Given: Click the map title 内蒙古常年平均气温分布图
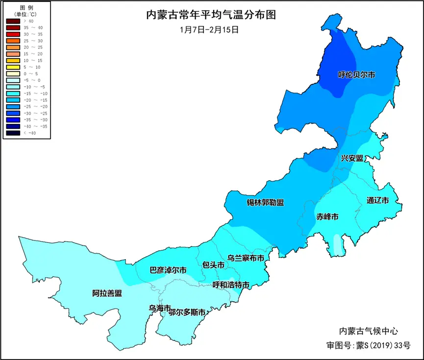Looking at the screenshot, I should coord(211,15).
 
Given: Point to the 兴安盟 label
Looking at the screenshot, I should coord(352,158).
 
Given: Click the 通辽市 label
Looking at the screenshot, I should coord(377,200).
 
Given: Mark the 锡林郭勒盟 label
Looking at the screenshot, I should coord(265,202).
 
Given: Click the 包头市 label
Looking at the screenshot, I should coord(213,265).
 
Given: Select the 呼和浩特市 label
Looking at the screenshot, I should coord(231,285).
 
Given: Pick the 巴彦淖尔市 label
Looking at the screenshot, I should coord(168,270).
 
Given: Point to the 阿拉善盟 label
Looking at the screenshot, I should coord(107,293).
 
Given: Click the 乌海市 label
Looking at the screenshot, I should coord(160,308).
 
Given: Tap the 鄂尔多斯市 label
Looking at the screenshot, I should coord(187,312).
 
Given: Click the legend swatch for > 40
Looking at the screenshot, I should coord(13,21).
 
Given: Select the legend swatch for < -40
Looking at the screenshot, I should coord(13,132).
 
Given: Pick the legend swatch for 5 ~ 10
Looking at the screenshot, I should coord(13,67).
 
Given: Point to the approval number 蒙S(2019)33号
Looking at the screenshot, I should coord(382,345).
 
